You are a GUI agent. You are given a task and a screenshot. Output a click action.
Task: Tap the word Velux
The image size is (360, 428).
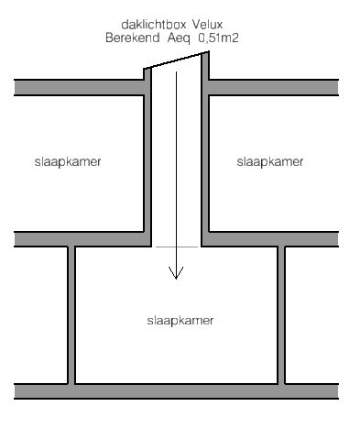click(208, 25)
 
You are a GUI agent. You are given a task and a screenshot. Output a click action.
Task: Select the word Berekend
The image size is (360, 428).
click(133, 38)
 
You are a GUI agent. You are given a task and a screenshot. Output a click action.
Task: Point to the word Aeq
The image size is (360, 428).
click(179, 38)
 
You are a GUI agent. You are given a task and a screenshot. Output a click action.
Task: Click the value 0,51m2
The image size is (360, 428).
click(219, 38)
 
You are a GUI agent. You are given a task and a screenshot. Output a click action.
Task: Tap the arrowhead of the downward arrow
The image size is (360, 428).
click(176, 272)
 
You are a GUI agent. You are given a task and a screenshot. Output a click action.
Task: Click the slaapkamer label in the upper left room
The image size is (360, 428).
click(68, 162)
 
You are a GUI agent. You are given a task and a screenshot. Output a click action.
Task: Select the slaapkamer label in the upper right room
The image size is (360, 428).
click(270, 162)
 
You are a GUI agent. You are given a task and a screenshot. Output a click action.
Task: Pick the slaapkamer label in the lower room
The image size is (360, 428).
click(180, 321)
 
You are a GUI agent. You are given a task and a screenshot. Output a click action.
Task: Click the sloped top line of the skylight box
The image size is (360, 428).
click(176, 60)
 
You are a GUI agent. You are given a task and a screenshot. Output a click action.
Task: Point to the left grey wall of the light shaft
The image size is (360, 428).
click(147, 158)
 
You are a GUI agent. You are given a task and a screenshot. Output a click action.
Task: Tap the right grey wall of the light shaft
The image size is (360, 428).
click(205, 149)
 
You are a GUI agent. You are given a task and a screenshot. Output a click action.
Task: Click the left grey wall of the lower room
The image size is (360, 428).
click(71, 314)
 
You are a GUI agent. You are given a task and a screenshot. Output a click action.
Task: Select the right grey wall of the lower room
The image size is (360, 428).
click(281, 314)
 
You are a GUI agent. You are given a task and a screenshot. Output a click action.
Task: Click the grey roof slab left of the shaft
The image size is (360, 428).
click(79, 88)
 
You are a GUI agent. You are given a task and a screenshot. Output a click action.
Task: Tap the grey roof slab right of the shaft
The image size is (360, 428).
click(274, 88)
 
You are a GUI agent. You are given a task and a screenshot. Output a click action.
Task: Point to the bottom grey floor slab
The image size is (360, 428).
click(177, 391)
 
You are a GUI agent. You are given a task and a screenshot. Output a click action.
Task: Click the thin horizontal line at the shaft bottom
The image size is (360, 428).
click(177, 247)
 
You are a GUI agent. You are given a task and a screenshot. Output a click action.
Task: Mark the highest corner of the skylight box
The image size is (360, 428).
click(209, 51)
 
